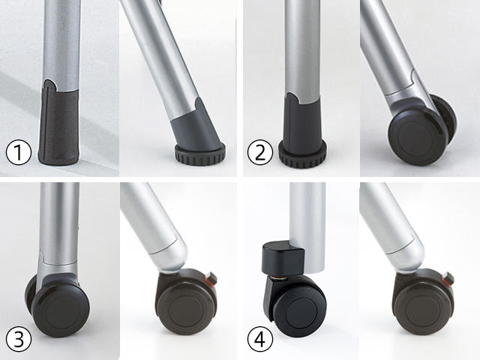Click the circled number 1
pos(19,152)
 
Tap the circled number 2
pos(260,152)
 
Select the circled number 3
pos(19,339)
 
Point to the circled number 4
pos(260,339)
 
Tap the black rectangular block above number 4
pos(282,257)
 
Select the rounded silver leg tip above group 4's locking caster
pos(406,254)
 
